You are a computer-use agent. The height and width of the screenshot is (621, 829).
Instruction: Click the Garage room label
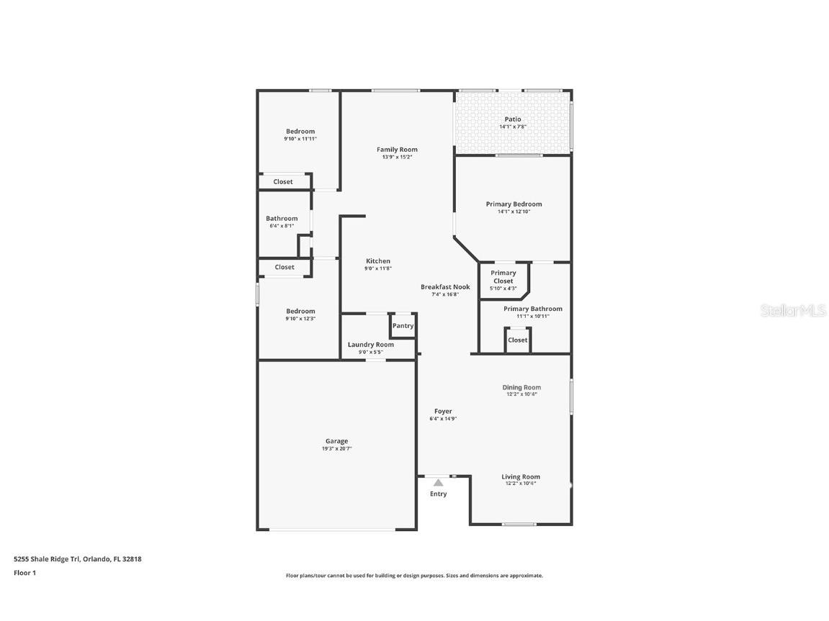(336, 441)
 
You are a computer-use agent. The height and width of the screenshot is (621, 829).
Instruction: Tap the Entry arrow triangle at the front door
(438, 483)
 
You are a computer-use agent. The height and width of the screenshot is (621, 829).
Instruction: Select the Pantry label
(403, 326)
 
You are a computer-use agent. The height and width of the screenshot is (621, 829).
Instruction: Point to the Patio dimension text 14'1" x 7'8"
(513, 127)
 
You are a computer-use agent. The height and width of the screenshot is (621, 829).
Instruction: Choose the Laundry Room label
(371, 345)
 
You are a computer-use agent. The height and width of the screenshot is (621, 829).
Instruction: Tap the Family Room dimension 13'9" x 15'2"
(397, 157)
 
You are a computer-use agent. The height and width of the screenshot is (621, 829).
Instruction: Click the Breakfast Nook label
(445, 286)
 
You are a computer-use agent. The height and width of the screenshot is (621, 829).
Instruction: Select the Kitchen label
(378, 261)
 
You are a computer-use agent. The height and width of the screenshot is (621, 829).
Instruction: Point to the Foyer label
(443, 412)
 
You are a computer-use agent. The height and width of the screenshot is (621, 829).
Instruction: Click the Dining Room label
(521, 387)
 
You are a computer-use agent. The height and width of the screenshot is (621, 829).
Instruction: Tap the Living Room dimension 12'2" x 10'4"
(521, 484)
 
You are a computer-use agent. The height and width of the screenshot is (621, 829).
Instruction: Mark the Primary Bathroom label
(532, 309)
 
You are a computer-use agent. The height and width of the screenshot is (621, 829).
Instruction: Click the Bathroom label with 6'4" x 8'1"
(282, 219)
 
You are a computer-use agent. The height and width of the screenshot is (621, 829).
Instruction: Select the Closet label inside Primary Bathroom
(518, 340)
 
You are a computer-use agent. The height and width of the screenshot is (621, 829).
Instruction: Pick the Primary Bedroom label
(514, 204)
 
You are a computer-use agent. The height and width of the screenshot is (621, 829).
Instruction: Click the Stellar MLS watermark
(793, 311)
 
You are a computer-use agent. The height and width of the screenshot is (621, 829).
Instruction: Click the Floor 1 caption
(24, 573)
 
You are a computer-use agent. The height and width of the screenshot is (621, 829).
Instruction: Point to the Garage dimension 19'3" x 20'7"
(336, 448)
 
